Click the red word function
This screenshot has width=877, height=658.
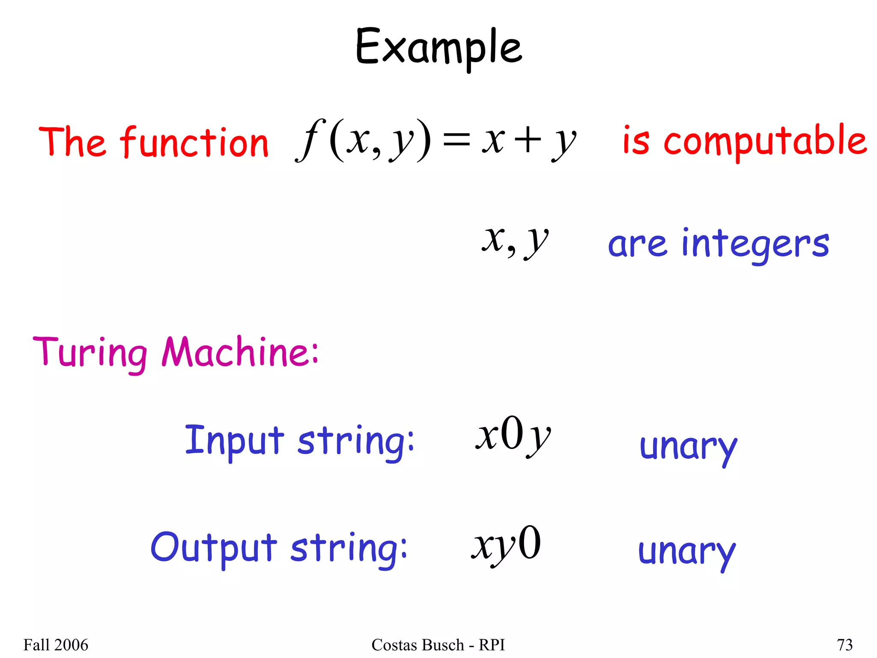pyautogui.click(x=194, y=142)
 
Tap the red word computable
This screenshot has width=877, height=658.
pyautogui.click(x=765, y=141)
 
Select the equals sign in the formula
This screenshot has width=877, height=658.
pyautogui.click(x=456, y=141)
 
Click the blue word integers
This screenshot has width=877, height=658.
pyautogui.click(x=755, y=244)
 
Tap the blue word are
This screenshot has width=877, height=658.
pyautogui.click(x=637, y=245)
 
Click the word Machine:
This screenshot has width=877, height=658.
pyautogui.click(x=240, y=352)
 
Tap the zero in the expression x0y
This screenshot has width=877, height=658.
pyautogui.click(x=513, y=434)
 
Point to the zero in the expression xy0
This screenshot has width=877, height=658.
pyautogui.click(x=529, y=543)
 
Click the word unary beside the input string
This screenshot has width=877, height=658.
pyautogui.click(x=688, y=448)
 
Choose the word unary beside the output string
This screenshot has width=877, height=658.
pyautogui.click(x=686, y=553)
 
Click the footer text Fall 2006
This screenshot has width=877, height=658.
pyautogui.click(x=56, y=645)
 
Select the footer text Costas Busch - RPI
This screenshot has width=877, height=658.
pyautogui.click(x=438, y=645)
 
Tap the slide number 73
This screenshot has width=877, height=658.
pyautogui.click(x=844, y=645)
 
